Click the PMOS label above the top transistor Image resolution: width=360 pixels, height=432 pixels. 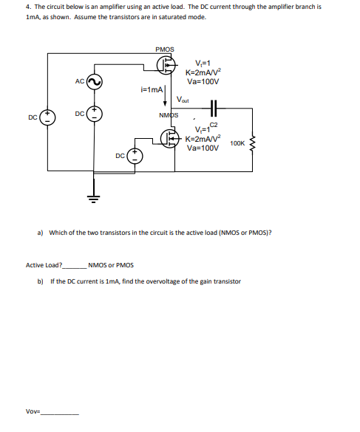pos(165,49)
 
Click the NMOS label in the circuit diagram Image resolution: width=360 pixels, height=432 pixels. pos(169,115)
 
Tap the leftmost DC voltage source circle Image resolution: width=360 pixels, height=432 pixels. pos(48,117)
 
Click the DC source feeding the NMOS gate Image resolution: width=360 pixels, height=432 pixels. pos(135,155)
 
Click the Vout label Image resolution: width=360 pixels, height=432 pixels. pos(184,100)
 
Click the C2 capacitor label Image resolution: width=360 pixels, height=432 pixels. pos(216,125)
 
